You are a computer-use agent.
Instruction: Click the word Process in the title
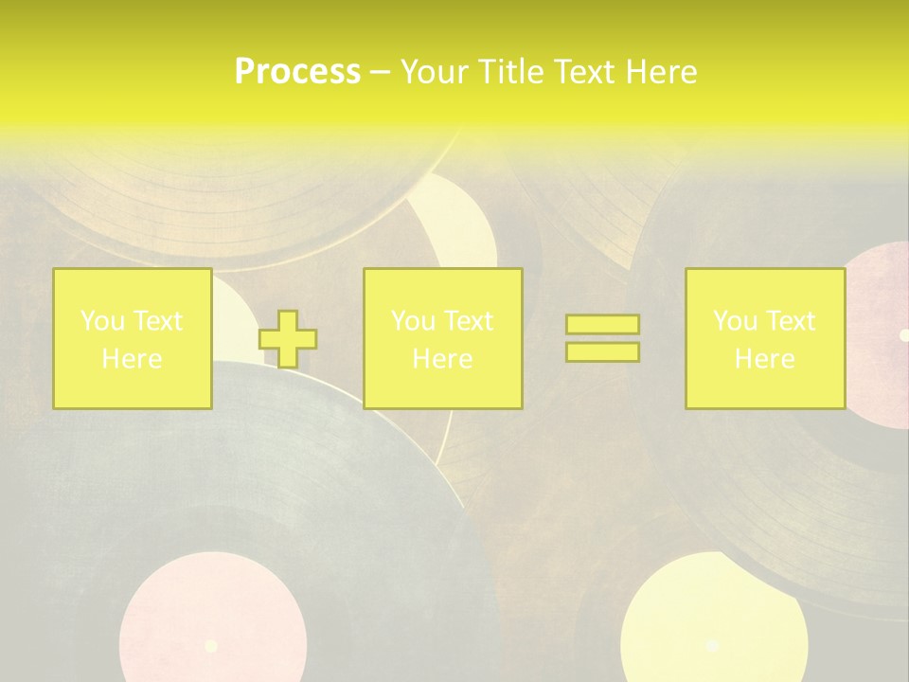click(297, 71)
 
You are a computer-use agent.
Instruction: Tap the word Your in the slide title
click(435, 71)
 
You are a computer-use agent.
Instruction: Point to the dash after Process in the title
click(380, 72)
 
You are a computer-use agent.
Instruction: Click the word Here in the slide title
click(660, 71)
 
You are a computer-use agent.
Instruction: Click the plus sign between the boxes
click(288, 339)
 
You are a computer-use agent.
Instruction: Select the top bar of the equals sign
click(602, 325)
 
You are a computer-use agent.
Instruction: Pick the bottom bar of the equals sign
click(602, 351)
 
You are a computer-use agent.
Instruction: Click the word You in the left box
click(102, 321)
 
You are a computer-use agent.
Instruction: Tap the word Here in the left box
click(132, 359)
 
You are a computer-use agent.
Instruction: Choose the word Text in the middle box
click(469, 321)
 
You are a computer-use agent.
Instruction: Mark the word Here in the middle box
click(442, 359)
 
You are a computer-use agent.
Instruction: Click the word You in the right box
click(735, 321)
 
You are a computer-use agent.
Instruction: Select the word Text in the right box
click(791, 321)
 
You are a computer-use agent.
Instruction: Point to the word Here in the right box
click(764, 359)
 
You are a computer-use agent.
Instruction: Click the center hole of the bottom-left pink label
click(211, 646)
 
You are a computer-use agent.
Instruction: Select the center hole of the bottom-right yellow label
click(712, 645)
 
